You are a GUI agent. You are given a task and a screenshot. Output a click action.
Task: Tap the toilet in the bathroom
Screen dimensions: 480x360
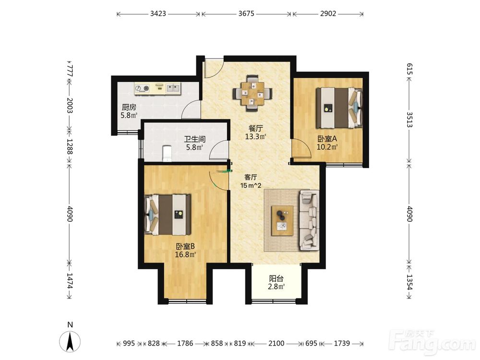[168, 154]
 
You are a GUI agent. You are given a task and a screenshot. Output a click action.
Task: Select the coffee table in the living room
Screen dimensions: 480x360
[282, 220]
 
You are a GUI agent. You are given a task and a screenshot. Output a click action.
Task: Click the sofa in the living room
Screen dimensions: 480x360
[309, 220]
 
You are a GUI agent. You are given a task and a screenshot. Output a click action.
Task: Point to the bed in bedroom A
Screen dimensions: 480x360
[339, 108]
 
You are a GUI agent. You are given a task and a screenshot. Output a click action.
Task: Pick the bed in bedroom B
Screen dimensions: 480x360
[168, 215]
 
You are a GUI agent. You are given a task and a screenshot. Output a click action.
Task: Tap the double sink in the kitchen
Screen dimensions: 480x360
[174, 88]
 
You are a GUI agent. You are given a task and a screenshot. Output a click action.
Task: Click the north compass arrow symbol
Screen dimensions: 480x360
[70, 341]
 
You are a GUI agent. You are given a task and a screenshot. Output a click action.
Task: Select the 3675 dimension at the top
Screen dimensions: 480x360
[246, 13]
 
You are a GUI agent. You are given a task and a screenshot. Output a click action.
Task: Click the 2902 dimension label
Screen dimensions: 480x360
[328, 13]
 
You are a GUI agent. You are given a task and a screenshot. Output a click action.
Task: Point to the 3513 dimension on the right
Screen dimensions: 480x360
[409, 120]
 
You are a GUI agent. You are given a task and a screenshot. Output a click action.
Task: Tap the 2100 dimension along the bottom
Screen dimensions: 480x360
[276, 344]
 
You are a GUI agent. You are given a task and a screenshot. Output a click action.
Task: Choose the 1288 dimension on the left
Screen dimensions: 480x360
[70, 146]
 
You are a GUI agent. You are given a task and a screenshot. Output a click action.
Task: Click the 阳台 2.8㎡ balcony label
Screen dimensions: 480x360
[277, 283]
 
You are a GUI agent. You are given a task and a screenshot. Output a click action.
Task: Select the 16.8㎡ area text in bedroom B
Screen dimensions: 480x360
[185, 254]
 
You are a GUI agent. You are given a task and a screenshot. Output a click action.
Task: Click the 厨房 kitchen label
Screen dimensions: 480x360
[129, 108]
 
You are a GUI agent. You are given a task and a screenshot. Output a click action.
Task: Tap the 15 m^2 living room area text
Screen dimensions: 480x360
[251, 185]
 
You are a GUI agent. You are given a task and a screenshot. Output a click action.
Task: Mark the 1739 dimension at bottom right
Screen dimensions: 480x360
[342, 344]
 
